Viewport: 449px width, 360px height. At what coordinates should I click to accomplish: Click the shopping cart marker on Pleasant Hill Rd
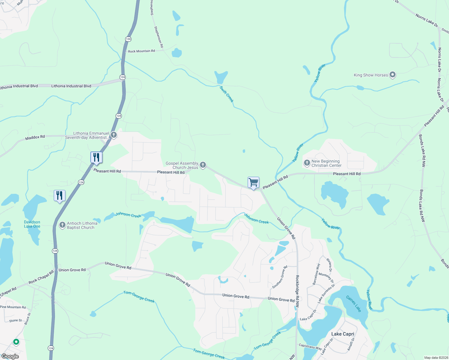253,182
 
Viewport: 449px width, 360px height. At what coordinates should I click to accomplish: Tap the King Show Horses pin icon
393,75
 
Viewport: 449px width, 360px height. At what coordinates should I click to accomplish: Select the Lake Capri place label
342,334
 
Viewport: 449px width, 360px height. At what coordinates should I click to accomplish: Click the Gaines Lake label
353,304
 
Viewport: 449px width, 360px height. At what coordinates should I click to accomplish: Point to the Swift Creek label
226,94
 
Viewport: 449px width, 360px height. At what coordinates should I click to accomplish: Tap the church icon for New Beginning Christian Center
307,163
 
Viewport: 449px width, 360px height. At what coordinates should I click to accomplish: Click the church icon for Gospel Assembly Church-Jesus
203,165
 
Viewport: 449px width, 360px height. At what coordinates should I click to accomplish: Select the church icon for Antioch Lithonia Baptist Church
62,225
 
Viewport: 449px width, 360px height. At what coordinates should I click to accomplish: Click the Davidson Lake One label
32,224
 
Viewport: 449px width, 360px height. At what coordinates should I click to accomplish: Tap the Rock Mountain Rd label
141,51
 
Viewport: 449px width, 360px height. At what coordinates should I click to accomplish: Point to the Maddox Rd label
35,137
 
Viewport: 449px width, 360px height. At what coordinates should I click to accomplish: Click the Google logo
10,356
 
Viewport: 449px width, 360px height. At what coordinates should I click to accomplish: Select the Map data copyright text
436,358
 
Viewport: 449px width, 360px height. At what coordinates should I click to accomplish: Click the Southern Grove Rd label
279,277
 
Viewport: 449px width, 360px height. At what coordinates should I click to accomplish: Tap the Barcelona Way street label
316,274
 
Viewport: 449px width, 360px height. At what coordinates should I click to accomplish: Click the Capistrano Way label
310,347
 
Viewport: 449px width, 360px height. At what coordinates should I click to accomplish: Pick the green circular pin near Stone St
16,342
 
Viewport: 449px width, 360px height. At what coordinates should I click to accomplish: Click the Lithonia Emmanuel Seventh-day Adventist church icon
113,135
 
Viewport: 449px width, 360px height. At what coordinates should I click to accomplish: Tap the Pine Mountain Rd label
13,307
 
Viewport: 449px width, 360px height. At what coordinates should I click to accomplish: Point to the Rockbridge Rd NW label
297,291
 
